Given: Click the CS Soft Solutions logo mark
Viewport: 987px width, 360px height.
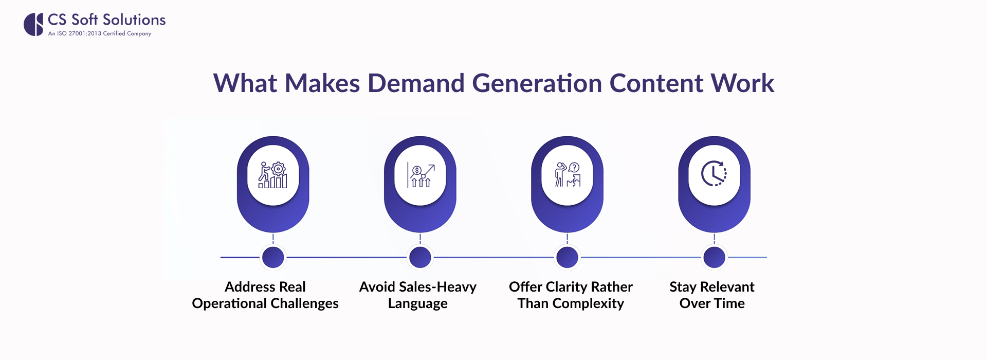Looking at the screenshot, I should (33, 24).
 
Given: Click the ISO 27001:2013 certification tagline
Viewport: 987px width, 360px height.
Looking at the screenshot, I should (99, 33).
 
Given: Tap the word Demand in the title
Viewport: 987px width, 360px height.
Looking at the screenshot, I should (416, 83).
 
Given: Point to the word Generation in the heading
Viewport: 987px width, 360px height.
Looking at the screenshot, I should (537, 83).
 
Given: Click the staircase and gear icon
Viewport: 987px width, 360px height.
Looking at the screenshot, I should (273, 175).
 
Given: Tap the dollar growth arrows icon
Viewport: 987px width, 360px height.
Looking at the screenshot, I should (420, 175).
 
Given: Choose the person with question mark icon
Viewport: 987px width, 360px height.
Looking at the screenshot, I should (567, 175).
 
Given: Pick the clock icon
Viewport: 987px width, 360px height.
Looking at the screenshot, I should (714, 174).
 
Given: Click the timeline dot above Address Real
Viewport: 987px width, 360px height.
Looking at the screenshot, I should (273, 257).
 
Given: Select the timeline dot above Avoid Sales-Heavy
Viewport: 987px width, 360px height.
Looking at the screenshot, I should (420, 257).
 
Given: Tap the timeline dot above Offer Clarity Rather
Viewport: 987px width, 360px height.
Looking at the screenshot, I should (567, 257).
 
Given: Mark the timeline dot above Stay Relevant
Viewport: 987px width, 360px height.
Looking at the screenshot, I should (714, 257).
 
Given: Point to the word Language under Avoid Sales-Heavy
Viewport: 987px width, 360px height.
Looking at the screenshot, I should (417, 304).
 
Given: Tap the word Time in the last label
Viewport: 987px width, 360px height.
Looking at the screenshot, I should (729, 303).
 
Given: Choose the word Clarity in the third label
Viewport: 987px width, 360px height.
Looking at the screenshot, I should (566, 287).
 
